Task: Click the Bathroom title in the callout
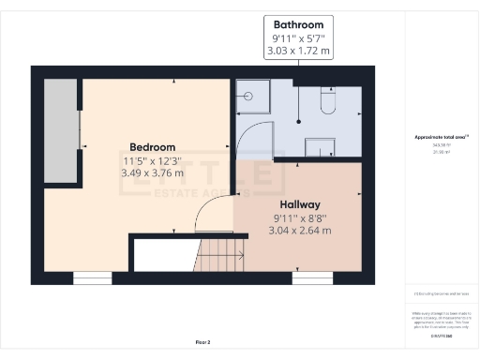point(299,24)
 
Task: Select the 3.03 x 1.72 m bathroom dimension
point(299,52)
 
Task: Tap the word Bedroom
point(152,147)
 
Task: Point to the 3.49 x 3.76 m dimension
point(152,173)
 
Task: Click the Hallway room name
point(300,203)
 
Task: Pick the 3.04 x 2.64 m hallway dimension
point(300,230)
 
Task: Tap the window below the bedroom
point(93,277)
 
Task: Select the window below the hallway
point(312,277)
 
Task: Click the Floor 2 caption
point(202,341)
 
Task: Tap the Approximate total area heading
point(442,138)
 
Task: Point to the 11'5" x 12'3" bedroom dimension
point(152,160)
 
